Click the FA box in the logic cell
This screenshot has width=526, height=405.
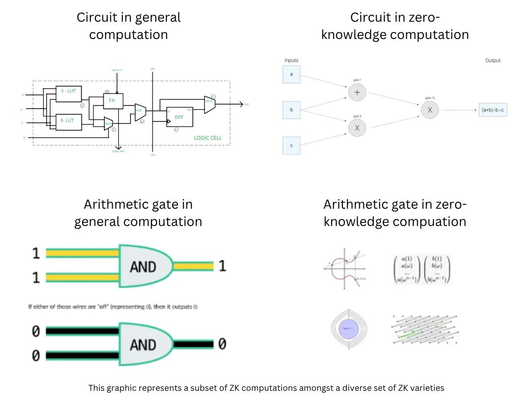click(113, 101)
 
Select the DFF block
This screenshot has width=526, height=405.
click(180, 117)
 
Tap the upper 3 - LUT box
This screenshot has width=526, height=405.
click(69, 93)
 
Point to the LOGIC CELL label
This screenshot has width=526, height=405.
click(208, 138)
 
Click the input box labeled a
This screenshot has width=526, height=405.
click(291, 74)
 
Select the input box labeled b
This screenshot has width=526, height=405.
click(291, 109)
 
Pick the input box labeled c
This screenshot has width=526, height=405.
click(291, 145)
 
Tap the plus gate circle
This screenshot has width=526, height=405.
click(357, 93)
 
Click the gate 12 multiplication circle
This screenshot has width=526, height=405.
click(429, 110)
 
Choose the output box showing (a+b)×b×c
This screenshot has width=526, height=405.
click(493, 110)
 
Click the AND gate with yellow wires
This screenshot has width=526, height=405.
click(145, 266)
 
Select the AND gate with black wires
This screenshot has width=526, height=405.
click(145, 344)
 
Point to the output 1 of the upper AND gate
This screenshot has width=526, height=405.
click(222, 266)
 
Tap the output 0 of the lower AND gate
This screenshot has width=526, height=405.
click(222, 344)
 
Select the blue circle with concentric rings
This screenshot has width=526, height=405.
click(349, 329)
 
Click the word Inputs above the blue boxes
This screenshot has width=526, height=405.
click(291, 60)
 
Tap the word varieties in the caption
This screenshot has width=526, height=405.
click(427, 388)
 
